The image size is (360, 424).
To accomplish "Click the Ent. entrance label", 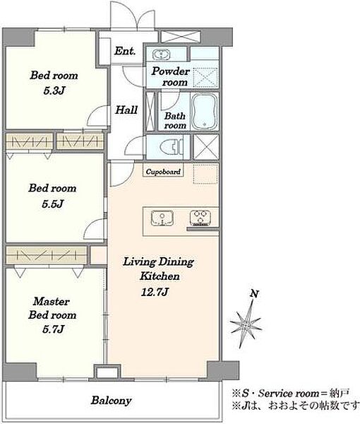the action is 125,51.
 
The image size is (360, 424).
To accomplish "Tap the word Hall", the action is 126,110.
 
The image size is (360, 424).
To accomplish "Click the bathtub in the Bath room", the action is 205,112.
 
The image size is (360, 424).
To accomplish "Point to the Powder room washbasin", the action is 161,54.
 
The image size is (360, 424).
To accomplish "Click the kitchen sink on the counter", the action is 162,218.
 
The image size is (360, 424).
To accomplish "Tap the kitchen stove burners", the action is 200,218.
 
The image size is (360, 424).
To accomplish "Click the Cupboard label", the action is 163,172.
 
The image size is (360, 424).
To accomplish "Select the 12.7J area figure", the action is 155,292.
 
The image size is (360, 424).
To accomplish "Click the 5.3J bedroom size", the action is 54,90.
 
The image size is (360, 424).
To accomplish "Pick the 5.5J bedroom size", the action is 53,204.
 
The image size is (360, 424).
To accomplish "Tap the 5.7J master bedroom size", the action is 53,329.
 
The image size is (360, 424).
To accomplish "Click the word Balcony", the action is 112,400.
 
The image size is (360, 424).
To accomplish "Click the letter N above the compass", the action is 254,293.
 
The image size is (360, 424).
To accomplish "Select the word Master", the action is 52,301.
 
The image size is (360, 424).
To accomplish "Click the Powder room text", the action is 171,76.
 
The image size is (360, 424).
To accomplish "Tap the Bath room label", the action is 175,121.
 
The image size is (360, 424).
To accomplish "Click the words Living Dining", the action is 159,261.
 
